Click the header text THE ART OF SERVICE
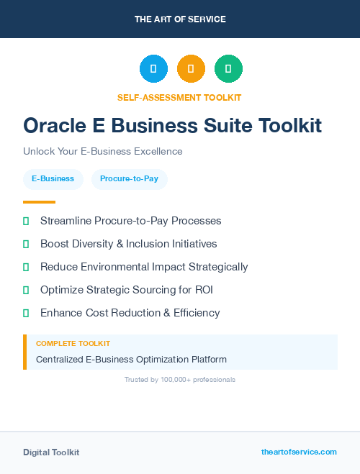(x=180, y=19)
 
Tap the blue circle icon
(x=153, y=69)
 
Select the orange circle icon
(x=191, y=69)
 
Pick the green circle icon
(x=228, y=69)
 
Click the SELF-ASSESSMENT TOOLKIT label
(x=179, y=97)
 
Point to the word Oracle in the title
(x=53, y=126)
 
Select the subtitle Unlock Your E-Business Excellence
(x=103, y=152)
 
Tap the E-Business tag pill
(x=53, y=178)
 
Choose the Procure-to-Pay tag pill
(x=129, y=178)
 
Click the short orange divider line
(x=39, y=202)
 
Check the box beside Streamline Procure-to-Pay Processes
(x=26, y=221)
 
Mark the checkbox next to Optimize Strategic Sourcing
(x=26, y=290)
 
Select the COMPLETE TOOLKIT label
(x=73, y=344)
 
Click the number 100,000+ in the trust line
(x=172, y=379)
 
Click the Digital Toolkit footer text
(x=51, y=452)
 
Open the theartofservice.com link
(x=299, y=452)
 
